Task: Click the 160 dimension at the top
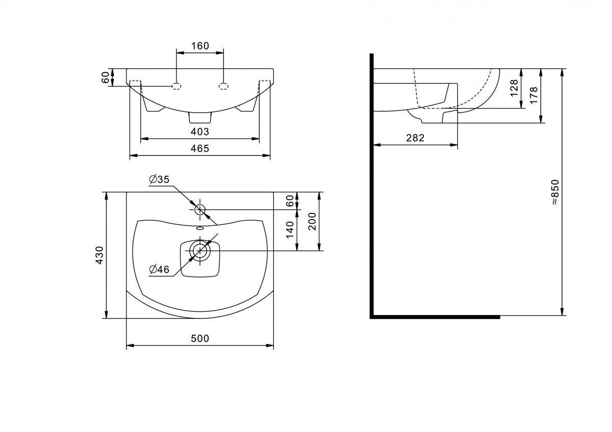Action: click(x=200, y=46)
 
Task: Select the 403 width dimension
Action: click(x=200, y=132)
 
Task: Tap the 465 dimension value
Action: click(x=200, y=149)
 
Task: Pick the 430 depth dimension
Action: click(x=99, y=255)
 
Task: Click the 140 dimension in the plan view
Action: click(x=290, y=230)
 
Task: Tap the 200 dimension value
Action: click(x=313, y=221)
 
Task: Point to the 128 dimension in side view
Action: click(x=514, y=88)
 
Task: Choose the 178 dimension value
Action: click(x=534, y=95)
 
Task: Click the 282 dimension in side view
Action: click(x=415, y=138)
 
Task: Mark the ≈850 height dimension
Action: click(x=555, y=192)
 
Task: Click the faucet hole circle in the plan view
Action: click(x=200, y=209)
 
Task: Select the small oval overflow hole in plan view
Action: click(x=200, y=229)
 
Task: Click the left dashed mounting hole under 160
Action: click(x=176, y=86)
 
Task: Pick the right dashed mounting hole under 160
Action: click(x=223, y=86)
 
